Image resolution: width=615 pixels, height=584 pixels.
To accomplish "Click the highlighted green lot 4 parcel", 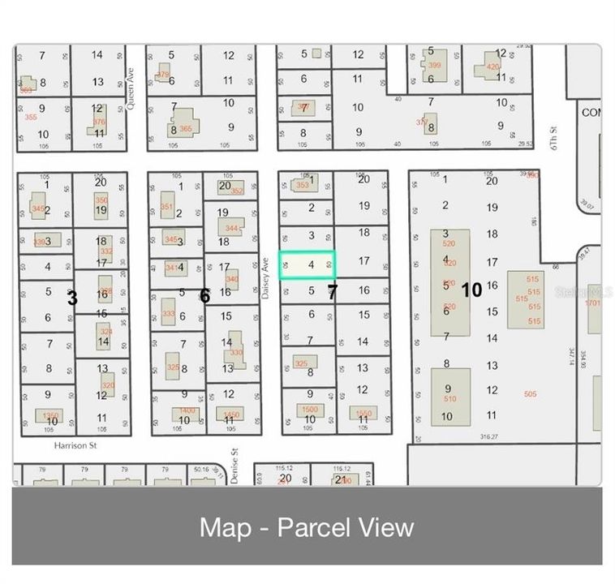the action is [307, 265].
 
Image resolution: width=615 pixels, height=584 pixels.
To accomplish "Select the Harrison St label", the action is [75, 445].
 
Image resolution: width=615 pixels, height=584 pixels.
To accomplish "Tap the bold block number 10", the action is [471, 290].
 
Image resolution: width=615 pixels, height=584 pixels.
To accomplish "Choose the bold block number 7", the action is [332, 292].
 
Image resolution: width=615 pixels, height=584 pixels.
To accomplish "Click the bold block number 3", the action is [72, 298].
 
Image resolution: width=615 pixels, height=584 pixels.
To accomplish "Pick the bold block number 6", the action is [204, 297].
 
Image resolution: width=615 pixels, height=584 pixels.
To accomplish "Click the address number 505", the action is [531, 394].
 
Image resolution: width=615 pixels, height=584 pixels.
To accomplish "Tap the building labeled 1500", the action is [309, 410].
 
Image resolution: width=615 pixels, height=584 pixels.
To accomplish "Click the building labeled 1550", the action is [363, 413].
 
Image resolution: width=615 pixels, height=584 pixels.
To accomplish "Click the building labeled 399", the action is [433, 65].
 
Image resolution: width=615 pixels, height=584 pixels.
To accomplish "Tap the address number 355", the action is [31, 117].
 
